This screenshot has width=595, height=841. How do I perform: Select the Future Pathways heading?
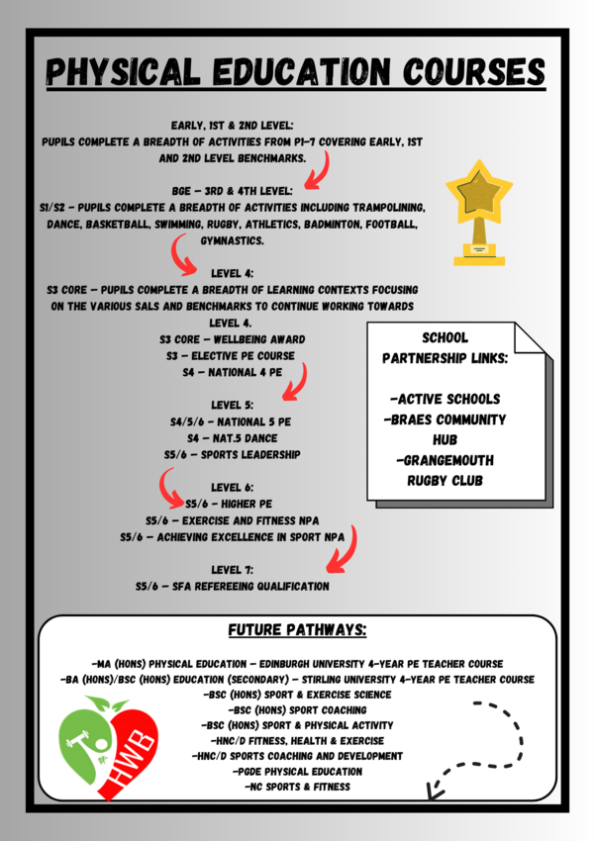(x=297, y=630)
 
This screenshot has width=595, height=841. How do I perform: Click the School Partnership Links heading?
(x=445, y=347)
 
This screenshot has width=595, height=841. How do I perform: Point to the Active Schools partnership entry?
(x=445, y=399)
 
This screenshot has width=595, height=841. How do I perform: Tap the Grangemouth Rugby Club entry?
(x=445, y=470)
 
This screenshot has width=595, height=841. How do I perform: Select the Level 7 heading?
(x=233, y=570)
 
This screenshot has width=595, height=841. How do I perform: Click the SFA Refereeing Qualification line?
(x=233, y=587)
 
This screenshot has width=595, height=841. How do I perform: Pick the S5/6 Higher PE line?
(x=233, y=504)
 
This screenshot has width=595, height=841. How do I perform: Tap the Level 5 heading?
(x=233, y=405)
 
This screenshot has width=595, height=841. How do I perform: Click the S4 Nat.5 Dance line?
(x=233, y=437)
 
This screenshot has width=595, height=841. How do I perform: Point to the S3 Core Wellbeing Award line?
(x=233, y=339)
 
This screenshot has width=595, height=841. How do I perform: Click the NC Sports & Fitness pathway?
(x=297, y=787)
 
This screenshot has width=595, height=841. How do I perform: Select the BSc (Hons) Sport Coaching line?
(x=297, y=709)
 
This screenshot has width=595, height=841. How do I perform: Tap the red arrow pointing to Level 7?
(x=344, y=554)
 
